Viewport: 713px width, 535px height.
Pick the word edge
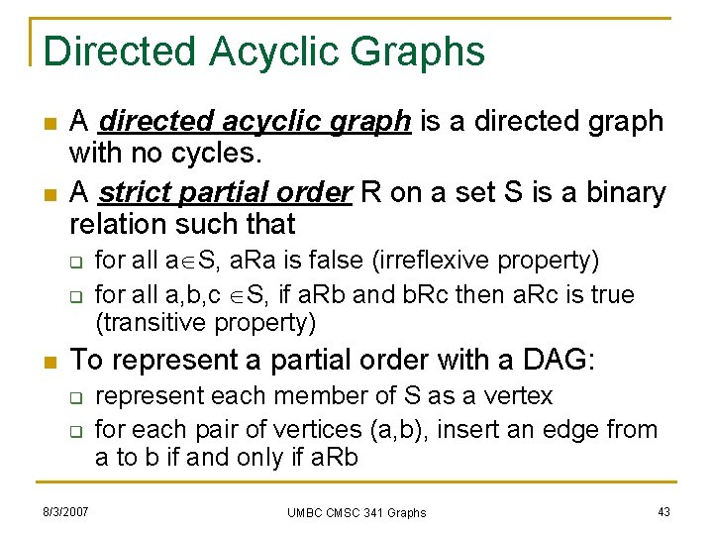tap(568, 430)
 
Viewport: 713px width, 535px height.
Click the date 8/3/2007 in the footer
tap(64, 511)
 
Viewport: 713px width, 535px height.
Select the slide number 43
tap(664, 511)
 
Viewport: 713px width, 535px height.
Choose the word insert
tap(461, 430)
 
